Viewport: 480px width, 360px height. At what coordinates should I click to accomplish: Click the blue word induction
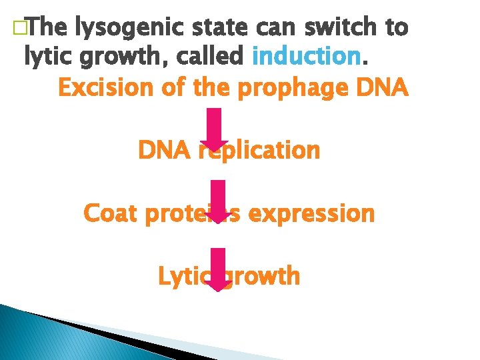coord(307,57)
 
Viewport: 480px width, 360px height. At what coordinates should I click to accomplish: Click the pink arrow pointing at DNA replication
coord(215,130)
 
